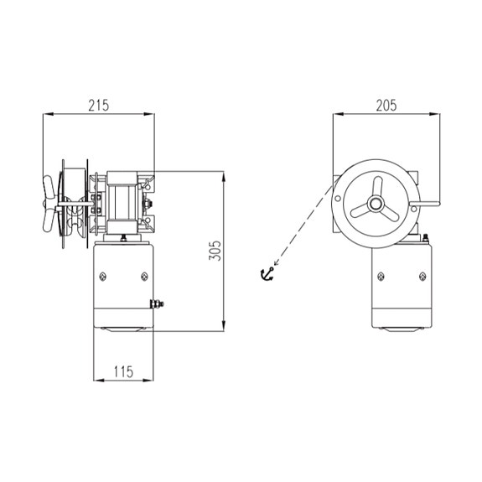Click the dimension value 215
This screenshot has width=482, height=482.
point(99,106)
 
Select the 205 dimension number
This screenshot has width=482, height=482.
point(386,106)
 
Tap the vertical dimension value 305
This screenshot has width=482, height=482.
point(215,251)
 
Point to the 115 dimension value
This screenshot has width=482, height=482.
point(123,371)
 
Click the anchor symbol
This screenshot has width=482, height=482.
point(267,274)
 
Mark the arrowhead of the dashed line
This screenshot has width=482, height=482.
point(277,262)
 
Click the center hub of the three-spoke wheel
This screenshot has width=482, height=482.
point(376,204)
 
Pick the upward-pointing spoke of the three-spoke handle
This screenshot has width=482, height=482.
point(377,186)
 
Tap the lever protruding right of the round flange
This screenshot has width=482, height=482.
point(425,203)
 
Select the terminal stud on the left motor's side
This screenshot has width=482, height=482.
point(157,304)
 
